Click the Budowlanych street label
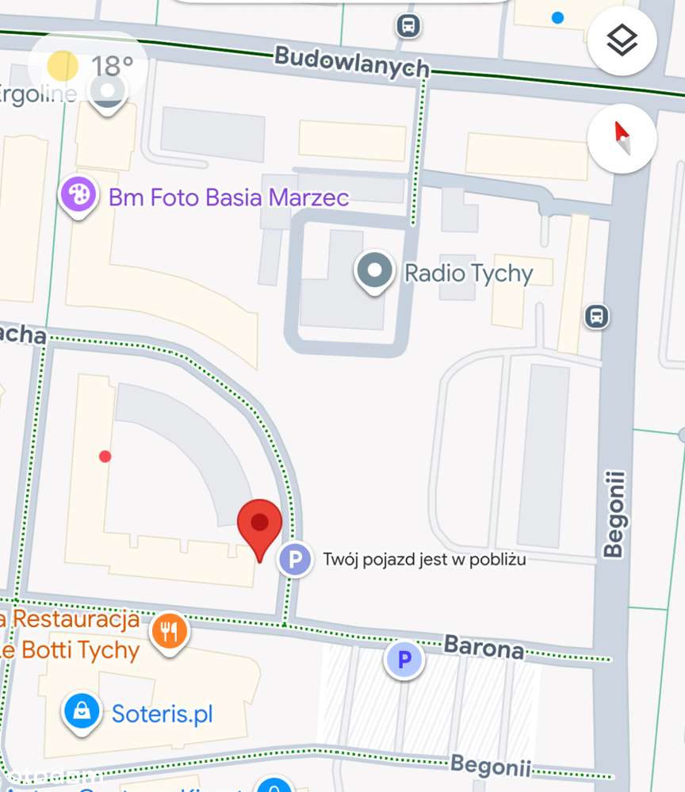tap(351, 62)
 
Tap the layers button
tap(622, 40)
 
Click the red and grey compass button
tap(622, 139)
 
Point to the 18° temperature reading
tap(112, 66)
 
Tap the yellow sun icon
tap(63, 66)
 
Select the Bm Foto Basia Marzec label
tap(228, 197)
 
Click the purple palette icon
tap(78, 193)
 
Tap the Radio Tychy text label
tap(469, 274)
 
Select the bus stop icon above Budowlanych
tap(408, 26)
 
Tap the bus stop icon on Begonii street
tap(597, 317)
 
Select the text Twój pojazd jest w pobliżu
tap(424, 560)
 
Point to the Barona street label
tap(484, 646)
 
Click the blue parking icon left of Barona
tap(404, 660)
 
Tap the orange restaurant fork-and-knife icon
tap(169, 632)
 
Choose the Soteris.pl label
tap(162, 714)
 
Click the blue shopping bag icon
tap(82, 711)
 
